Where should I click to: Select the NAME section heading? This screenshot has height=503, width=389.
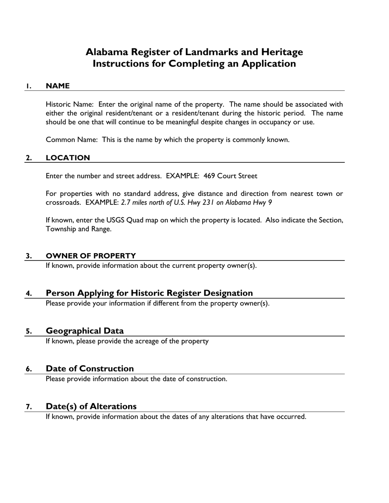(58, 86)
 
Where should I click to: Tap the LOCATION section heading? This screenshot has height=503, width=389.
(68, 158)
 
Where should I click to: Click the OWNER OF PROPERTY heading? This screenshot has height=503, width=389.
(91, 256)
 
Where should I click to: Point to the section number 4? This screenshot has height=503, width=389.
(29, 294)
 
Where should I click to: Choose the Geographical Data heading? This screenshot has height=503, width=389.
(85, 331)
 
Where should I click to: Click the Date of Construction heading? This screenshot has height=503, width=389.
(90, 368)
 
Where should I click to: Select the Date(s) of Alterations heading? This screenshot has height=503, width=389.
(91, 406)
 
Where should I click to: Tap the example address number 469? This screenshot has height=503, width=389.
(209, 176)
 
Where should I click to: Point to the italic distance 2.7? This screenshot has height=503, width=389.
(126, 202)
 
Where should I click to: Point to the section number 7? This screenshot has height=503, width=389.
(29, 407)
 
